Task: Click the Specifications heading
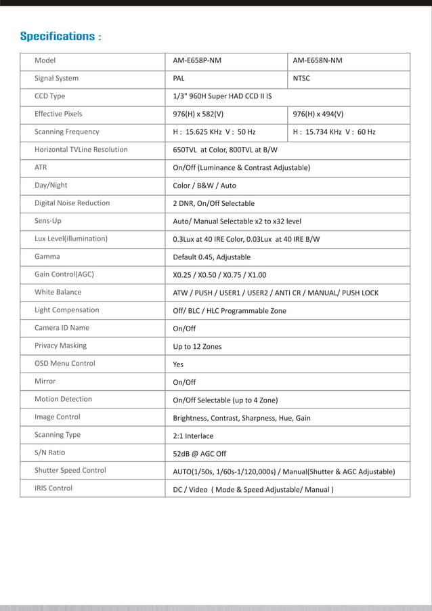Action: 60,36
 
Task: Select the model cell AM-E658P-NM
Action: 197,61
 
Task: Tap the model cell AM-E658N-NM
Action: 318,61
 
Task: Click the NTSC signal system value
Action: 301,79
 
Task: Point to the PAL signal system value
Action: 179,79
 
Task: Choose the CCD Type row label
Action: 50,96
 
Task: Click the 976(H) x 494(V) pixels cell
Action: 318,114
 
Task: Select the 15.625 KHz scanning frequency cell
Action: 214,132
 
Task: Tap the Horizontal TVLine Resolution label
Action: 81,150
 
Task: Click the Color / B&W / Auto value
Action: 204,186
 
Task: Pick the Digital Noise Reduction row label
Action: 72,203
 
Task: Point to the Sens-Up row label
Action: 48,221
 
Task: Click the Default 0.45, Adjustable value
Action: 212,257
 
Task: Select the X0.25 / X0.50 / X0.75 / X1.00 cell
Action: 219,275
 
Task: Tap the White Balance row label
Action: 58,293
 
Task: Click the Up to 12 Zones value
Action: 197,347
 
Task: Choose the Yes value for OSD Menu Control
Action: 178,364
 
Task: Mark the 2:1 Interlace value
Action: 193,436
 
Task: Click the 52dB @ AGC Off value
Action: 200,454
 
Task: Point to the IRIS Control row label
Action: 53,488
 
